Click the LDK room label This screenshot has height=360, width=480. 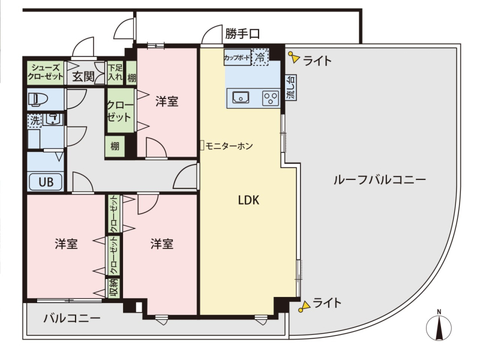pos(248,200)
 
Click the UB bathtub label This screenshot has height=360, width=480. pos(46,182)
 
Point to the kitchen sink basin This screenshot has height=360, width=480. pos(241,97)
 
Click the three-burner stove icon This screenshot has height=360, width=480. pos(271,98)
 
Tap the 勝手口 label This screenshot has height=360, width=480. pos(242,34)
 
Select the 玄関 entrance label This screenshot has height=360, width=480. pos(83,77)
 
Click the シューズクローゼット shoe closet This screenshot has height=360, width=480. pos(46,73)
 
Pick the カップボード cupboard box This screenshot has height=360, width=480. pos(237,57)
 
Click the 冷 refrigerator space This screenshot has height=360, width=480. pos(260,57)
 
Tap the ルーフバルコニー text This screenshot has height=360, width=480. pos(380,179)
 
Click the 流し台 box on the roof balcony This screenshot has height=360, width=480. pos(291,88)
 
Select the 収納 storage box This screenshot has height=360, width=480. pos(114,288)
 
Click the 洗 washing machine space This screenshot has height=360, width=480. pos(35,121)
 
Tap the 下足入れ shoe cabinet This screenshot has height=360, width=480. pos(115,73)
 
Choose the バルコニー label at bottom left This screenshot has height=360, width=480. pos(72,319)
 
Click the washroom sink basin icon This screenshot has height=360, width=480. pos(53,119)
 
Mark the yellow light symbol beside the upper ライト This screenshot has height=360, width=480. pos(293,57)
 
